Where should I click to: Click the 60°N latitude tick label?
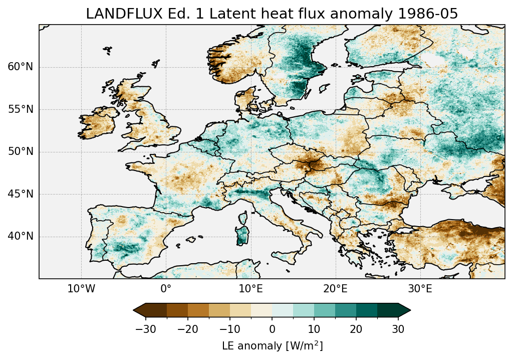pyautogui.click(x=20, y=67)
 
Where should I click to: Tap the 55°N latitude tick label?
pyautogui.click(x=20, y=109)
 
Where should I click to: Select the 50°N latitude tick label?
pyautogui.click(x=20, y=152)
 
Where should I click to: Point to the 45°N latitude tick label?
pyautogui.click(x=20, y=194)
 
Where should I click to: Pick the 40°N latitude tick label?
pyautogui.click(x=20, y=236)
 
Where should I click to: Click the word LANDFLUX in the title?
pyautogui.click(x=115, y=14)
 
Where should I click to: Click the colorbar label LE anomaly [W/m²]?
pyautogui.click(x=272, y=346)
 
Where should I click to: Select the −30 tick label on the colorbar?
pyautogui.click(x=145, y=329)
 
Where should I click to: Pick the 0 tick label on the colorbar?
pyautogui.click(x=272, y=329)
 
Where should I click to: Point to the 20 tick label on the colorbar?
pyautogui.click(x=356, y=329)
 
